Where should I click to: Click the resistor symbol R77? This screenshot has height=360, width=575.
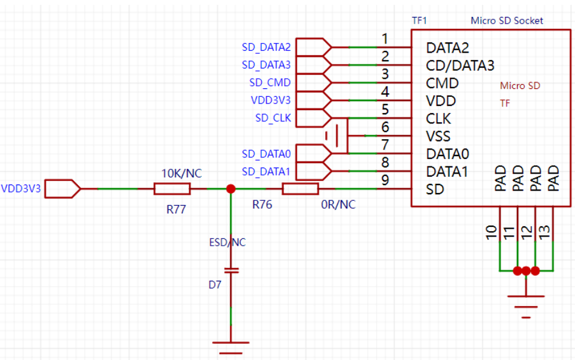[172, 189]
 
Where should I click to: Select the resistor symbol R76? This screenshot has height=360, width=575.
[300, 189]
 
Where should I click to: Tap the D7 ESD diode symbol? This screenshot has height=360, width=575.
[230, 270]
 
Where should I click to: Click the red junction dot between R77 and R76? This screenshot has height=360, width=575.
[230, 189]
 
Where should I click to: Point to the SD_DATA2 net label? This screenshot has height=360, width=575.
[266, 47]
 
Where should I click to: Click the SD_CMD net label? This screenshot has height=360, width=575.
[270, 82]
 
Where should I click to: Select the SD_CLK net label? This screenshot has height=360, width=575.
[273, 118]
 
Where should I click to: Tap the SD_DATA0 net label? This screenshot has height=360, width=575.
[266, 154]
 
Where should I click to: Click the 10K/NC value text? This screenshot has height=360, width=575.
[181, 174]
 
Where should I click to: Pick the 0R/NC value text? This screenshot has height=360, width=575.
[339, 205]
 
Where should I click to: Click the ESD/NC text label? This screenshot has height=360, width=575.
[227, 243]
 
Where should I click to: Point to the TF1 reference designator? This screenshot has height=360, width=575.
[420, 20]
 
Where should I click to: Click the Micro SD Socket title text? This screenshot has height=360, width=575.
[507, 21]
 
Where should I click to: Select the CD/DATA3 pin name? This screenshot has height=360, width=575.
[460, 65]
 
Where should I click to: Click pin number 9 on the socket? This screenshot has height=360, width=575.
[385, 180]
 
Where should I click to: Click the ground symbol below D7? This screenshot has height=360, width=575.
[230, 347]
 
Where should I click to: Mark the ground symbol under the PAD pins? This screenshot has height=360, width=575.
[526, 303]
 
